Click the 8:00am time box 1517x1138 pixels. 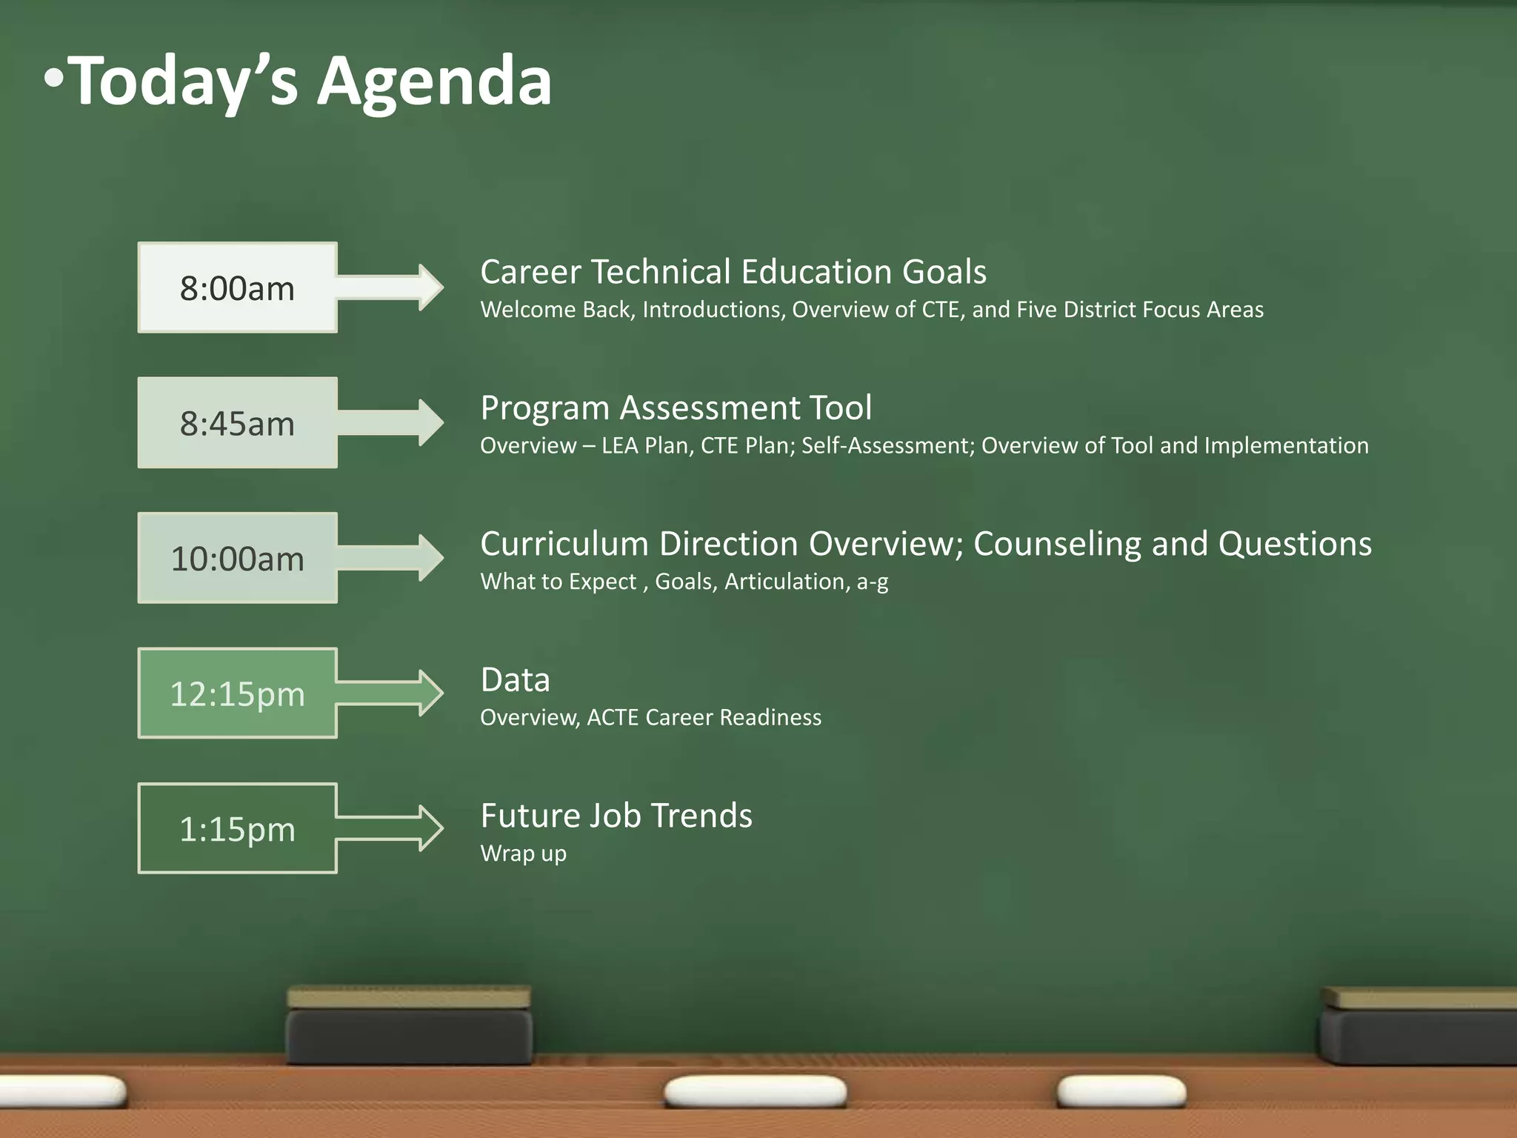click(x=237, y=287)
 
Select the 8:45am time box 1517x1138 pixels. click(x=237, y=423)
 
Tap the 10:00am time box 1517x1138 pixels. click(x=237, y=558)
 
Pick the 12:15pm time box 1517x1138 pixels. click(x=237, y=693)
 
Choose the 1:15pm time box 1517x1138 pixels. click(x=237, y=828)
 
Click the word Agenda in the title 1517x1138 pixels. click(x=435, y=81)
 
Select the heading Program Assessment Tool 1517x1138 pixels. click(x=676, y=408)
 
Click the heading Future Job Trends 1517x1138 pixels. click(x=616, y=816)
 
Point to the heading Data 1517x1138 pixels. click(x=516, y=680)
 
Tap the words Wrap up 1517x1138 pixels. click(x=523, y=853)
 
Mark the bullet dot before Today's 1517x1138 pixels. click(x=54, y=79)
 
